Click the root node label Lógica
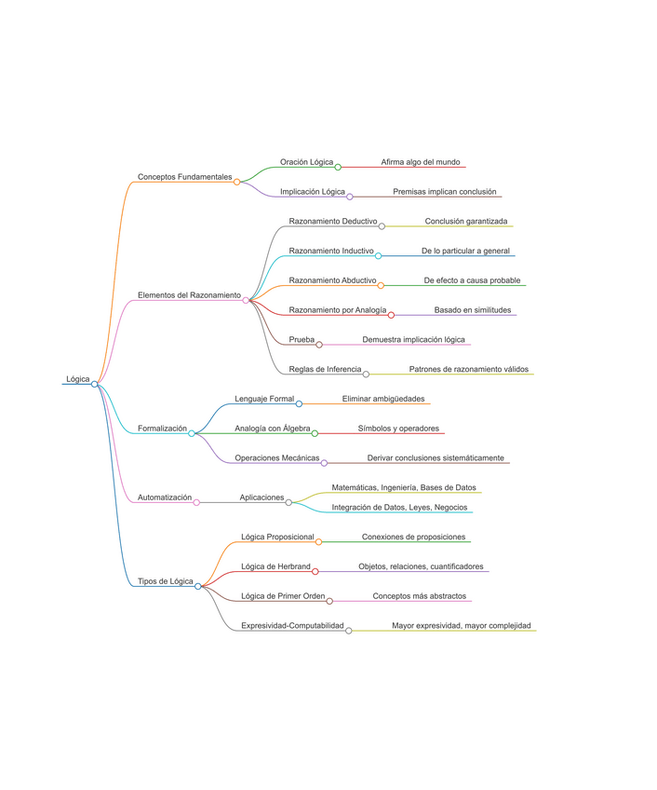[x=78, y=379]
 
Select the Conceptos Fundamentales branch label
[x=184, y=176]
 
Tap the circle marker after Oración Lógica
[x=338, y=167]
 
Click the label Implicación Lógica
[x=313, y=191]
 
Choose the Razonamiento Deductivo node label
[x=333, y=222]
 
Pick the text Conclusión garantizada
[x=466, y=222]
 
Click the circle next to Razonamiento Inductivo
[x=378, y=255]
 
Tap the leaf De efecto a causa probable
[x=472, y=280]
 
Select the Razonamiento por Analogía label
[x=338, y=309]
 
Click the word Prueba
[x=302, y=339]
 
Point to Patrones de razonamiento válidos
[x=469, y=369]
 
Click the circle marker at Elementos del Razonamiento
[x=246, y=300]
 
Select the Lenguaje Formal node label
[x=263, y=399]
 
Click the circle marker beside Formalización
[x=192, y=433]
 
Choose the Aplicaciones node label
[x=261, y=497]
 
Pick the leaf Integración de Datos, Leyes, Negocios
[x=400, y=507]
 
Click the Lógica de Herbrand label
[x=275, y=565]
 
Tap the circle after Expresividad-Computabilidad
[x=349, y=631]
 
